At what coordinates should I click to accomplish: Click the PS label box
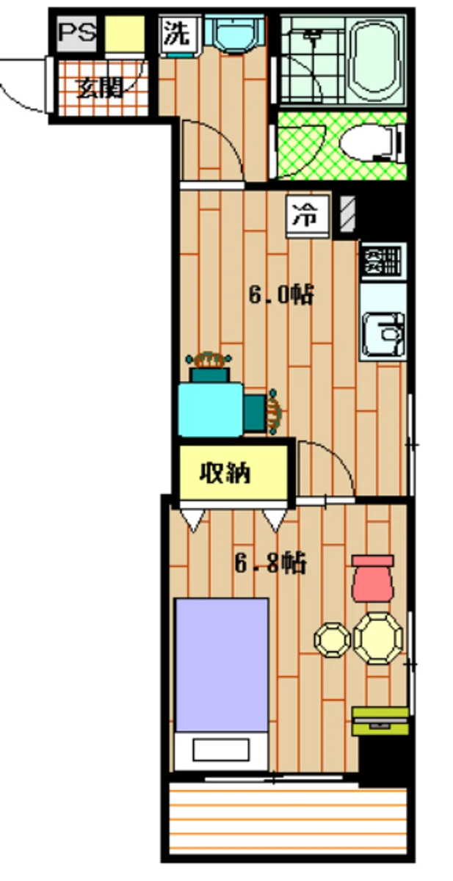(x=76, y=34)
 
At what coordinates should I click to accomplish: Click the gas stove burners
(x=383, y=260)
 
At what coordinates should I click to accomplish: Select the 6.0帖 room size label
(x=281, y=295)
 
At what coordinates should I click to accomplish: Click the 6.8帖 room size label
(x=271, y=564)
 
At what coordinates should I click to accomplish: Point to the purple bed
(x=221, y=664)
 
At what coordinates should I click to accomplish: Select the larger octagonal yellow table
(x=378, y=637)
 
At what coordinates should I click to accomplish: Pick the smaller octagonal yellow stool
(x=333, y=639)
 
